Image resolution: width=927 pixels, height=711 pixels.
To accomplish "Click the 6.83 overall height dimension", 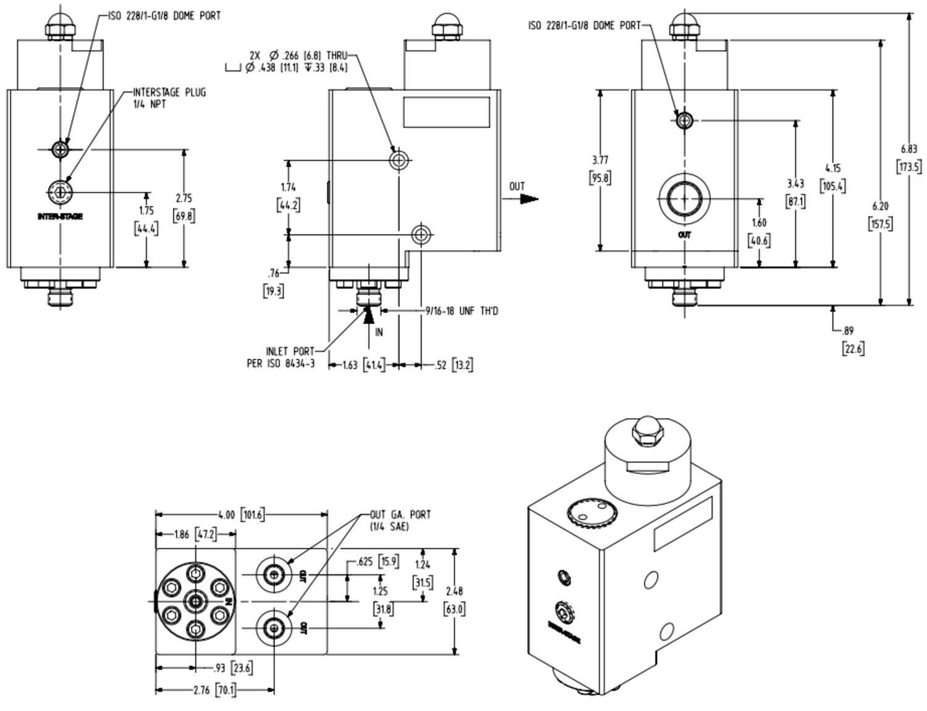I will click(908, 148).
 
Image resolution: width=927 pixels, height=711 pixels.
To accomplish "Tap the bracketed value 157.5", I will click(880, 224).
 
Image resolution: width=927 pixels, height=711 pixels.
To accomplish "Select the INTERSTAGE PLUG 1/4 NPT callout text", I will click(169, 98).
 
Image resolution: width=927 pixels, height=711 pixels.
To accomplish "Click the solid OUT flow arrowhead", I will click(528, 199).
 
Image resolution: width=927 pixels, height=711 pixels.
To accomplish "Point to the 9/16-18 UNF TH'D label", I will click(462, 311).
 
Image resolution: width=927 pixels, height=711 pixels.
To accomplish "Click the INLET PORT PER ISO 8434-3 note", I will click(282, 358).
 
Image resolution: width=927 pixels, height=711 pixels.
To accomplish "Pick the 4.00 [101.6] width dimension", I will click(241, 514).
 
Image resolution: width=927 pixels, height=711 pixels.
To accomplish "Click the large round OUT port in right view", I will click(684, 198).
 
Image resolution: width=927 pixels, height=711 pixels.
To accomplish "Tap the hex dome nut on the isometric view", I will click(646, 430).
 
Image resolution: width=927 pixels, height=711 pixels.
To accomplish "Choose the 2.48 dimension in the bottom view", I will click(454, 591).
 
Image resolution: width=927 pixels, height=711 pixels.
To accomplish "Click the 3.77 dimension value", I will click(600, 160).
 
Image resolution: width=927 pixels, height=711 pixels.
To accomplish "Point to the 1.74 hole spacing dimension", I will click(288, 187).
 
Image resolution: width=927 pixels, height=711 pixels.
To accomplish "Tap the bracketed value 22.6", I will click(853, 348).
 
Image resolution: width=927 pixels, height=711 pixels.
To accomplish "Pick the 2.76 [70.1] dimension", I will click(213, 690).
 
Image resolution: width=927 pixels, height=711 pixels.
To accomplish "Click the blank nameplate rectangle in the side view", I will click(446, 112).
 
